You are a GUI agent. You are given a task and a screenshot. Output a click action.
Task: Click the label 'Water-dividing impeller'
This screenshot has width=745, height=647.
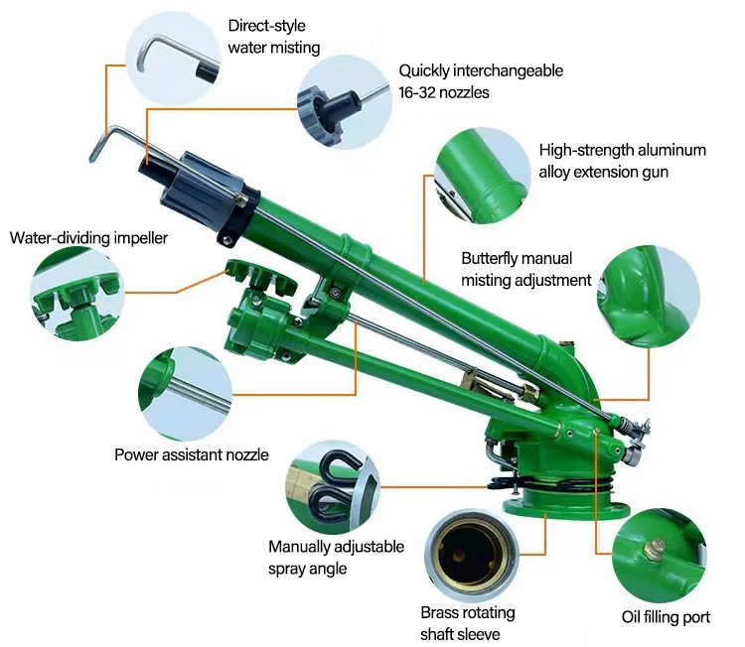88,238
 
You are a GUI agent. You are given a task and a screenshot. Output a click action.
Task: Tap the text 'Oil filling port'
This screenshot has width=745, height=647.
666,617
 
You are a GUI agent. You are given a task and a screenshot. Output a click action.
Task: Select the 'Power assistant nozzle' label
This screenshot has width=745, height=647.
192,454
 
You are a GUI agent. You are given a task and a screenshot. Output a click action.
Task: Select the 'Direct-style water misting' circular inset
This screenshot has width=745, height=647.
174,59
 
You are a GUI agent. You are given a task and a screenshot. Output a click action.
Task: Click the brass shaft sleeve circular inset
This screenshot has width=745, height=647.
471,556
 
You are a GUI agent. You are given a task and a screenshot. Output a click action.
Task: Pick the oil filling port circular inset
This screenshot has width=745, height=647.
659,556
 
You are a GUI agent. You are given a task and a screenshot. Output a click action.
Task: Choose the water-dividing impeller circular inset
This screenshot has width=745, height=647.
76,294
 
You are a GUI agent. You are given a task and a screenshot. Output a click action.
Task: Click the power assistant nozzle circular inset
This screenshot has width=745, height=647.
186,394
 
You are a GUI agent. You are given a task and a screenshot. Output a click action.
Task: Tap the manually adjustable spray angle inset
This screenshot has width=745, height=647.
333,487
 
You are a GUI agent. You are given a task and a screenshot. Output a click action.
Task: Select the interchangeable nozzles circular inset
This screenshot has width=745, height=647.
345,101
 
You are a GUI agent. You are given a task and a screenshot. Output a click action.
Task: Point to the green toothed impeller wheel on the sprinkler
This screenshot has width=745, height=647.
261,276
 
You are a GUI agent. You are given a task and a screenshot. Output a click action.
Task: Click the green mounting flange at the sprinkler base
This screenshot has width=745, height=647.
567,505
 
